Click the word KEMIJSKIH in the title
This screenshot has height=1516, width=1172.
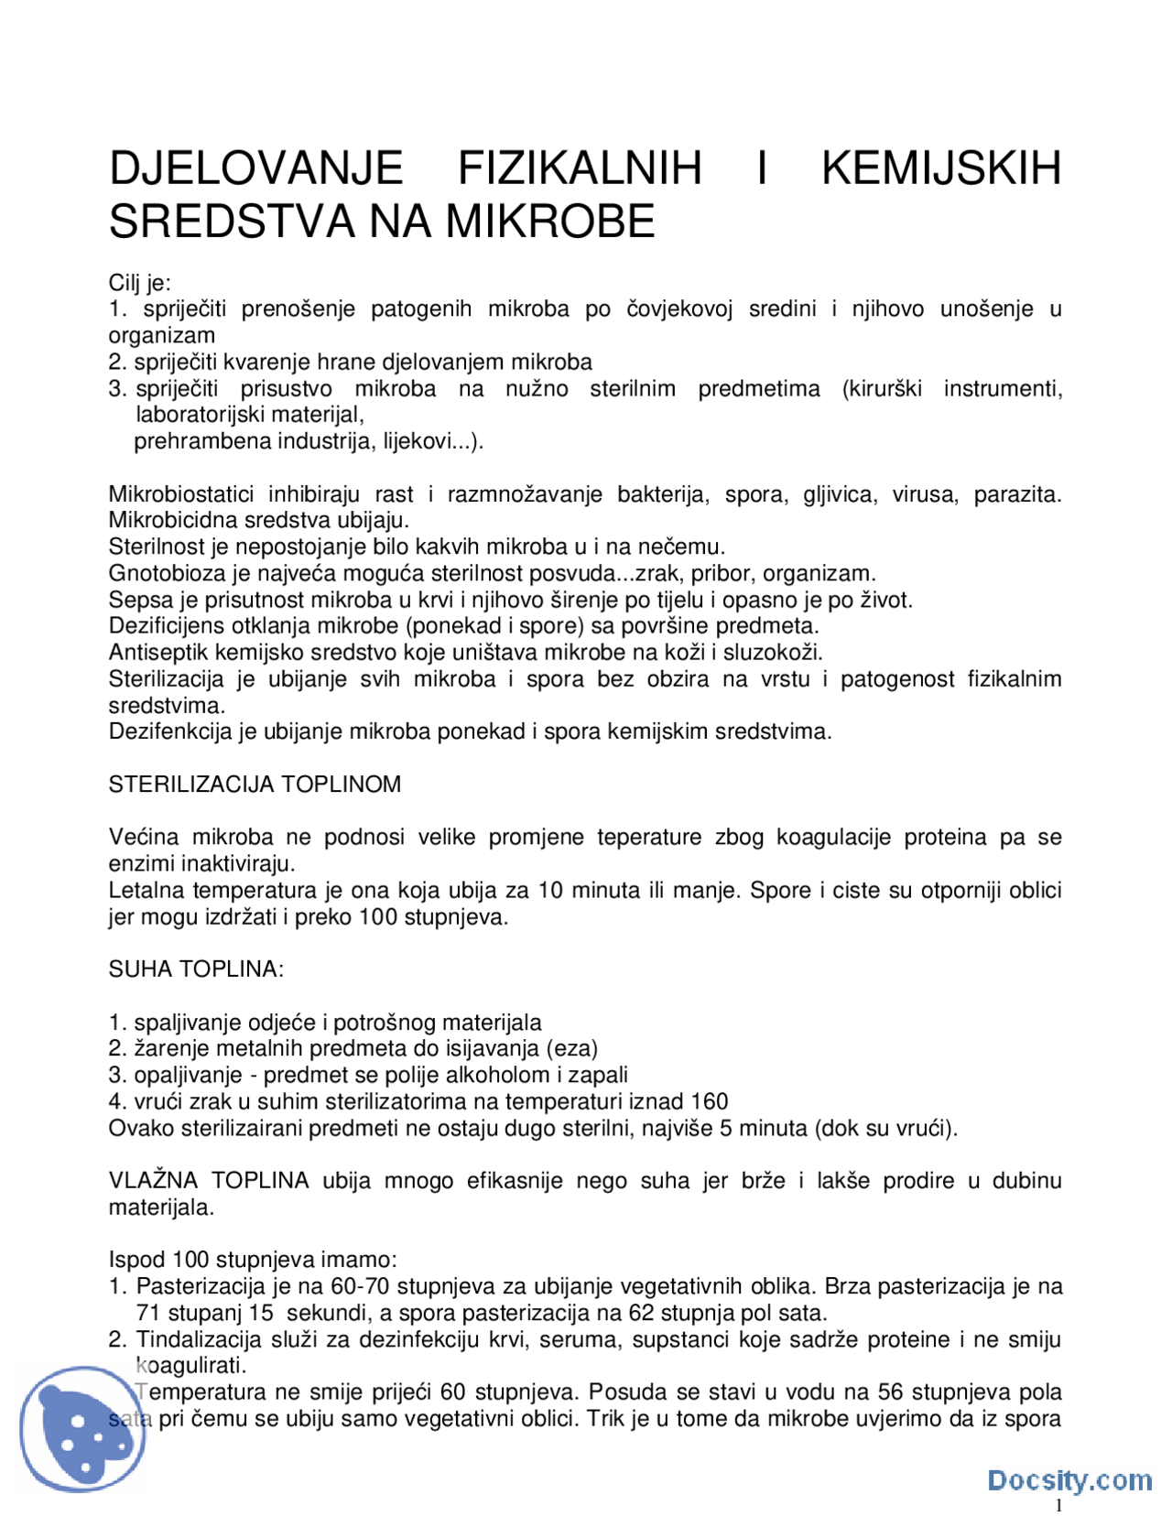pos(940,168)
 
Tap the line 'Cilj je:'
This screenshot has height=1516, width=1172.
pos(139,283)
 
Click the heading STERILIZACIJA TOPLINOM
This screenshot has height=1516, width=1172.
pos(255,785)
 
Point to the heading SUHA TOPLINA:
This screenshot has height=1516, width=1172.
pos(196,969)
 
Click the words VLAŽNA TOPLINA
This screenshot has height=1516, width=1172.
pos(209,1181)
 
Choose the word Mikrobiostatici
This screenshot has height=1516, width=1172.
pos(181,494)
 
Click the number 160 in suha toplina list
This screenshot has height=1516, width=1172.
pos(710,1102)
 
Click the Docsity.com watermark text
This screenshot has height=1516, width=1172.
pos(1069,1480)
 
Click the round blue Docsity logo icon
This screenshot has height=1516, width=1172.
pos(83,1429)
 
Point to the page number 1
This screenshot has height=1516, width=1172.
pos(1059,1506)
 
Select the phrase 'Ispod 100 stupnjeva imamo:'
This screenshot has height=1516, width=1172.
pos(253,1261)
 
